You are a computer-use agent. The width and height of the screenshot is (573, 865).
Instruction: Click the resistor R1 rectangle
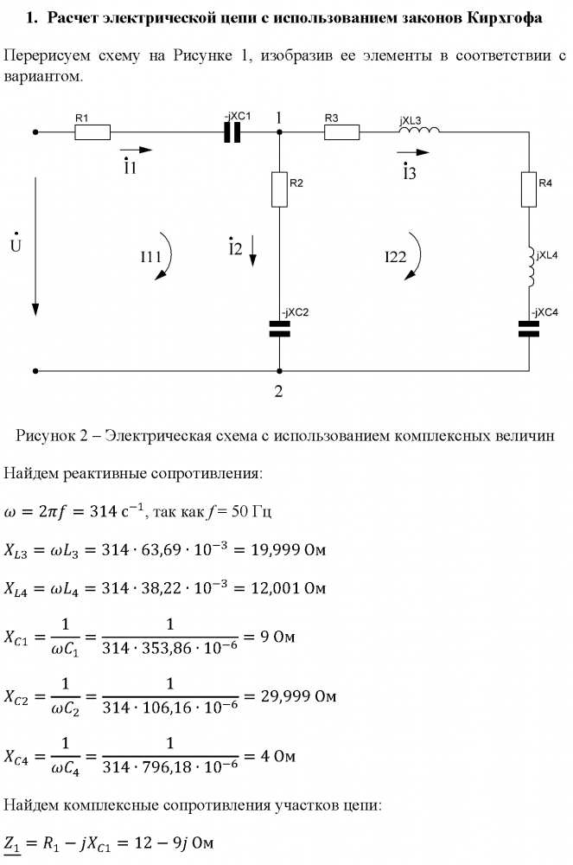tap(92, 132)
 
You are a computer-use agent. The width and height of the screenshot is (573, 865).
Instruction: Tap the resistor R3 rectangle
tap(341, 132)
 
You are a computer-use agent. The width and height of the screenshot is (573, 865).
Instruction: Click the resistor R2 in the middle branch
tap(280, 189)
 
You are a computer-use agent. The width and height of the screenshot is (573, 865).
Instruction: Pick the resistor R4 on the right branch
tap(528, 189)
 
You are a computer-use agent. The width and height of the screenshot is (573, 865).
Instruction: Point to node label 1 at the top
tap(278, 116)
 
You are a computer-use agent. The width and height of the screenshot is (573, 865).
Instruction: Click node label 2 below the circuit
tap(278, 391)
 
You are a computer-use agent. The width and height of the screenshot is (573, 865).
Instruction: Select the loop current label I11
tap(151, 257)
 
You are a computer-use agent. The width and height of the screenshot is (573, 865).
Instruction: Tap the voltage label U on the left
tap(16, 245)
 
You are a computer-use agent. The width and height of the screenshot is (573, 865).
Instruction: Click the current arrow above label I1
tap(137, 150)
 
